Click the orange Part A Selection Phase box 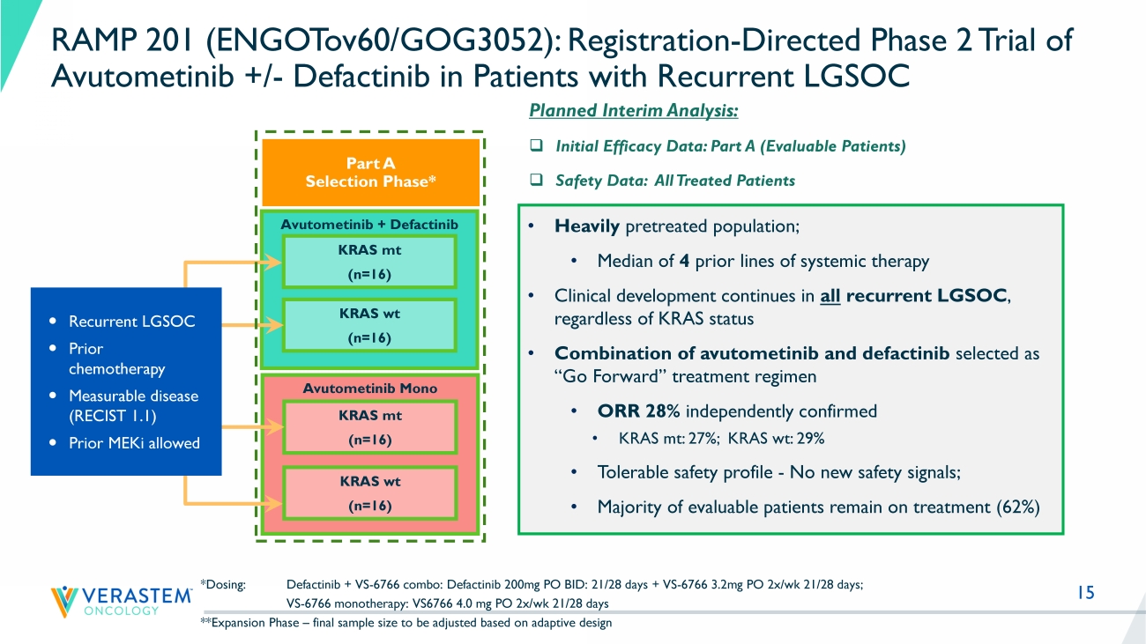(370, 172)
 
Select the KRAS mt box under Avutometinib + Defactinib (369, 263)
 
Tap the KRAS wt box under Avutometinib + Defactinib (369, 325)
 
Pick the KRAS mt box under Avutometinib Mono (369, 427)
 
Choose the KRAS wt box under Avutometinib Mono (369, 493)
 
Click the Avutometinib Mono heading (370, 388)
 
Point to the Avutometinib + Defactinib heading (369, 225)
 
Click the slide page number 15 (1085, 593)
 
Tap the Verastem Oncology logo (122, 600)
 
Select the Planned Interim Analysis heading (633, 112)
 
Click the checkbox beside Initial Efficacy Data (534, 146)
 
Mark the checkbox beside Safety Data (534, 181)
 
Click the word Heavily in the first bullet (587, 226)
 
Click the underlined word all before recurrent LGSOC (829, 296)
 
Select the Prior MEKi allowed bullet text (134, 443)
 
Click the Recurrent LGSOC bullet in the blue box (131, 322)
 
